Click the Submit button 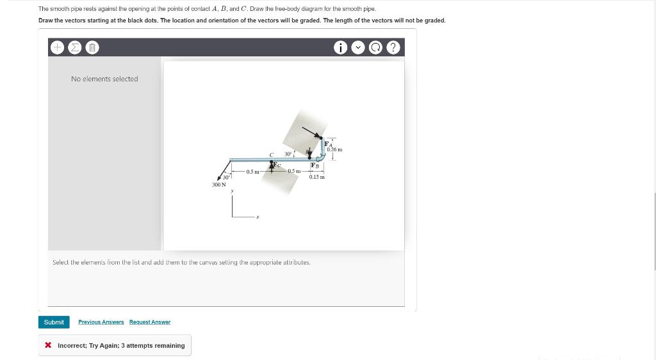(x=54, y=322)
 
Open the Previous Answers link (x=101, y=322)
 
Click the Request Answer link (x=150, y=322)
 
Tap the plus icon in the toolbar (x=57, y=47)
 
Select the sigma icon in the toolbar (x=74, y=47)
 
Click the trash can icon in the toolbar (x=92, y=47)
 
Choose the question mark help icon (x=394, y=47)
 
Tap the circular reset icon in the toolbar (x=377, y=47)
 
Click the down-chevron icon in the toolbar (x=359, y=47)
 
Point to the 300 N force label (x=219, y=184)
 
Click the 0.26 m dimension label (x=334, y=150)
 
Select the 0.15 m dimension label (x=316, y=177)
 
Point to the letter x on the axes (x=258, y=217)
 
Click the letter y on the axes (x=233, y=191)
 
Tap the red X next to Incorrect (x=49, y=346)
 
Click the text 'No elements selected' (x=104, y=79)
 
